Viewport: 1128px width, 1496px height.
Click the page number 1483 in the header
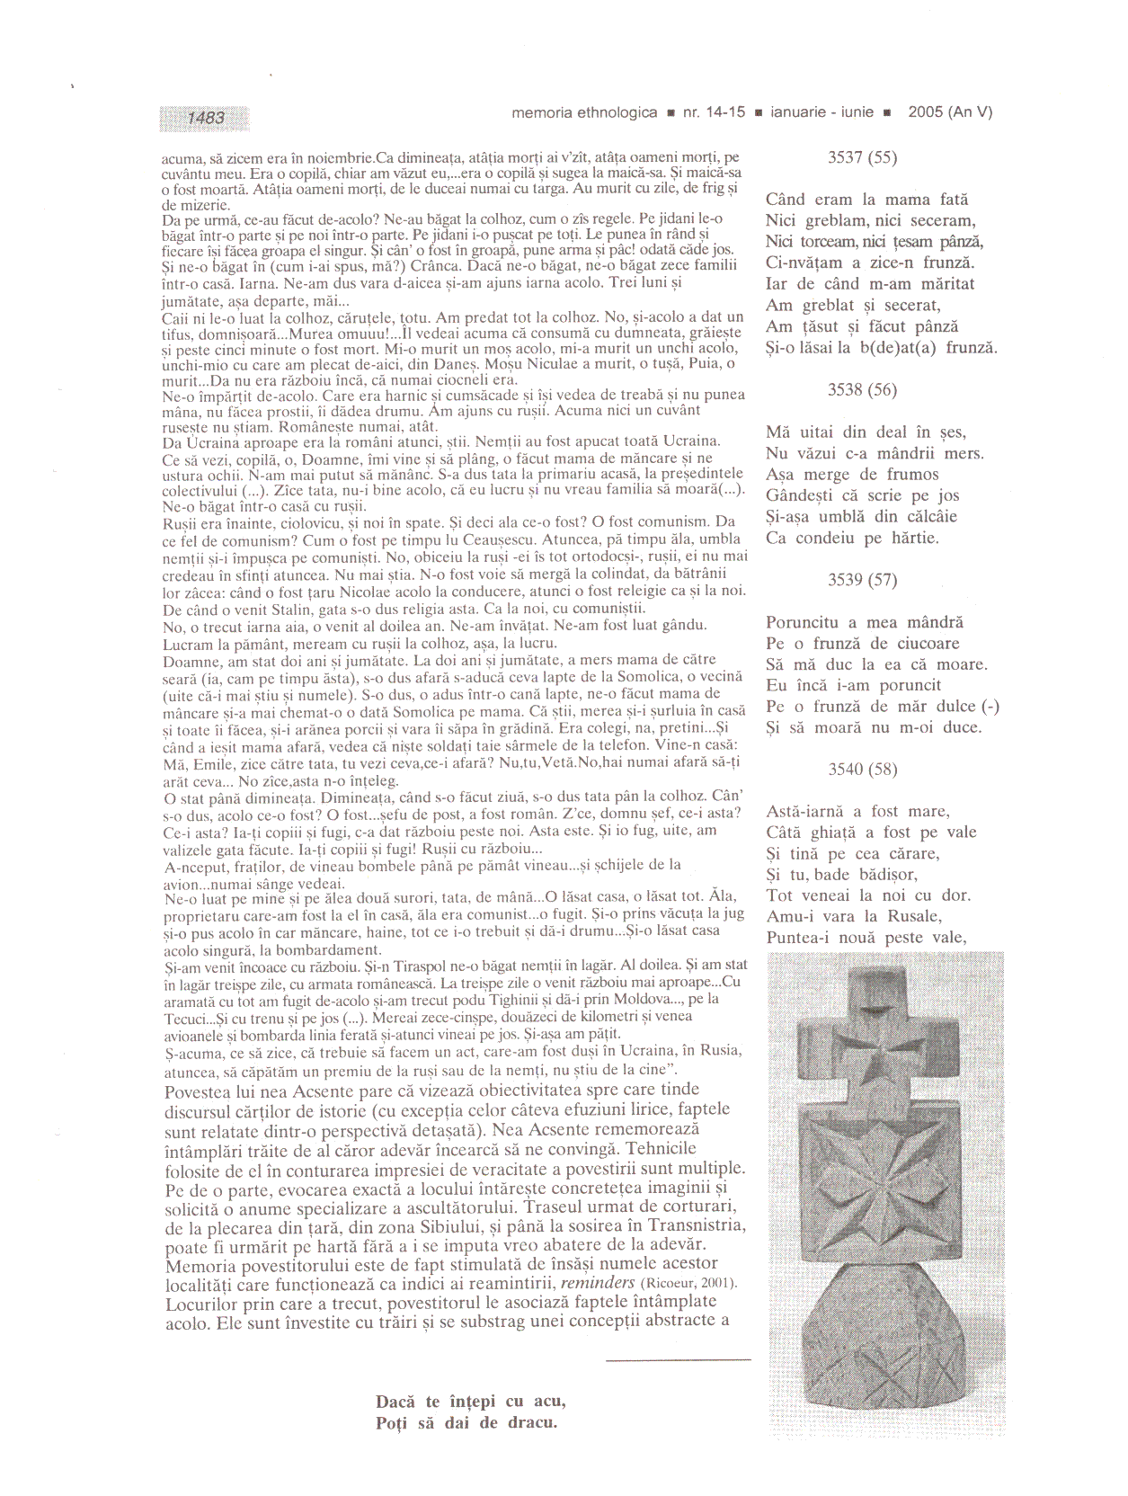[x=206, y=118]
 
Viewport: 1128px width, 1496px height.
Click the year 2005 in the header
[x=925, y=112]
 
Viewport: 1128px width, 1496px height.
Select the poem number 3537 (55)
[x=861, y=157]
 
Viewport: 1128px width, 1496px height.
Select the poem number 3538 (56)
[x=861, y=389]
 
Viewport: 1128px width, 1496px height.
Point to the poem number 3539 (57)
[x=861, y=580]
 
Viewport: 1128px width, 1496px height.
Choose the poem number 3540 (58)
[x=861, y=769]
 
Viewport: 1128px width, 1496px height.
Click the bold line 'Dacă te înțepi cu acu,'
[x=470, y=1402]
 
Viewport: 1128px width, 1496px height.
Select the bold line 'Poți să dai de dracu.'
[x=466, y=1422]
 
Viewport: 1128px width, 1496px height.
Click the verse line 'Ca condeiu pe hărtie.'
[x=851, y=538]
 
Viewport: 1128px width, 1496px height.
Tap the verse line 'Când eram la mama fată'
[x=866, y=200]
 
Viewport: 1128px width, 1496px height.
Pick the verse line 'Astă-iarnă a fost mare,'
[x=857, y=811]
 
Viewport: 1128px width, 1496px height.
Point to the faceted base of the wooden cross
[x=885, y=1349]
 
